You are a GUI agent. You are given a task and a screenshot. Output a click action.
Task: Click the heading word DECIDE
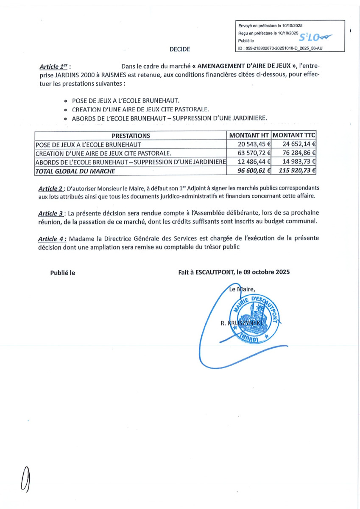[x=180, y=49]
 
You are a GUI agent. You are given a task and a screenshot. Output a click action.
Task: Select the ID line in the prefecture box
[x=280, y=48]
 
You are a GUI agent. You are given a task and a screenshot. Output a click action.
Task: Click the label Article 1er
[x=54, y=67]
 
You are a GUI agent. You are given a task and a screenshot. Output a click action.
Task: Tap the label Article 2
[x=51, y=188]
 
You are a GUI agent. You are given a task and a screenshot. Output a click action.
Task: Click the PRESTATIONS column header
[x=131, y=136]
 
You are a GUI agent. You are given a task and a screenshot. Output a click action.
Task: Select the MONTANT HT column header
[x=249, y=136]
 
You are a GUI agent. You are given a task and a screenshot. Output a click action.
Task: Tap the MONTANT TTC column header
[x=294, y=136]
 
